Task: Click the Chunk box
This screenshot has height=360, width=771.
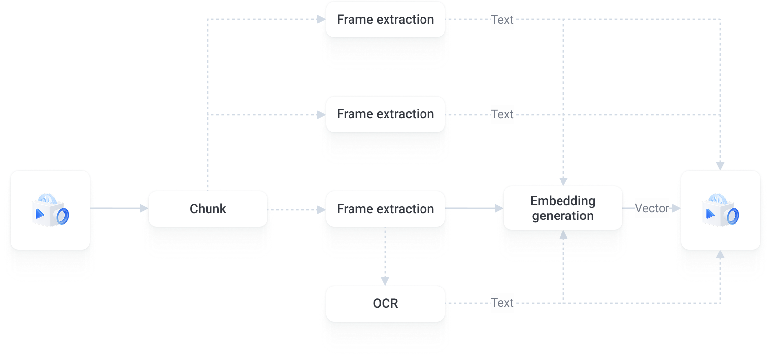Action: pos(208,209)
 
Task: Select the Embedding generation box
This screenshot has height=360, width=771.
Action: pos(562,208)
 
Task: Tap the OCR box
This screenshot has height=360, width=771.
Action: pos(385,303)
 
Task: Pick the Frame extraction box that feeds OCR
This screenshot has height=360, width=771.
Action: pos(385,209)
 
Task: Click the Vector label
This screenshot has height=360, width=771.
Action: pos(652,209)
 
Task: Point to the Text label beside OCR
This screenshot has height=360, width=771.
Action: pos(502,303)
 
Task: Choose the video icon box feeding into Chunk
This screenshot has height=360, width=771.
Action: pos(50,210)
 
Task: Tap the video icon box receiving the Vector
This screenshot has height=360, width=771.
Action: pos(720,210)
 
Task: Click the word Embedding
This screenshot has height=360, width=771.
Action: pos(562,201)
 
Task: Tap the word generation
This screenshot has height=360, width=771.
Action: pos(562,216)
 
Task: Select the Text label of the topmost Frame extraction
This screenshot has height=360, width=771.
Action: pos(502,20)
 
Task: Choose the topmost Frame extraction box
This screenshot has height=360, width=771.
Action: pos(385,20)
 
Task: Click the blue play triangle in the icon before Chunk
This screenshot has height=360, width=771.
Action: pos(39,214)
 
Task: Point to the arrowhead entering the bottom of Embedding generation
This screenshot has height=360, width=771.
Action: pos(563,235)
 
